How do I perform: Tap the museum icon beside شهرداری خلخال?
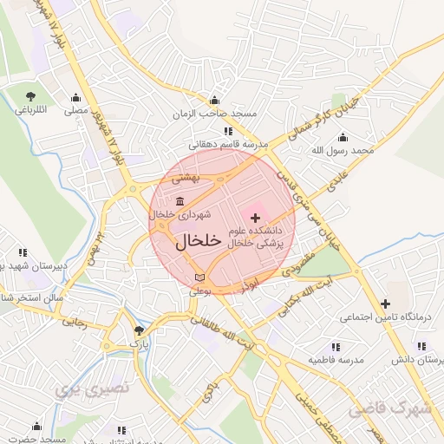click(x=179, y=202)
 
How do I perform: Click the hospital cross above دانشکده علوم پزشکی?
click(x=256, y=215)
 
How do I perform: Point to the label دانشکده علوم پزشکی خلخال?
click(x=255, y=238)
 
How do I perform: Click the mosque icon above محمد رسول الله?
click(x=343, y=137)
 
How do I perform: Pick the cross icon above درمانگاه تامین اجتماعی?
click(x=385, y=303)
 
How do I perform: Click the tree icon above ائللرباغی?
click(x=31, y=96)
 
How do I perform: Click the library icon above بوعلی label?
click(x=200, y=277)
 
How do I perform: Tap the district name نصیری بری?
click(x=91, y=389)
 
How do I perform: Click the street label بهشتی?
click(x=185, y=178)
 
